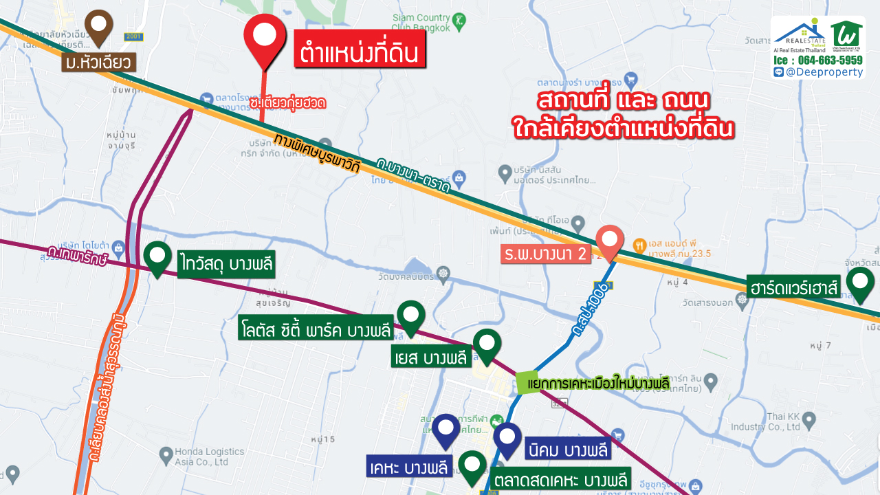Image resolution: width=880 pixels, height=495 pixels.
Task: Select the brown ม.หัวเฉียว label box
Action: click(x=98, y=63)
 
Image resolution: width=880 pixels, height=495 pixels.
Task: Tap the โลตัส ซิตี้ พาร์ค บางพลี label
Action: click(x=316, y=328)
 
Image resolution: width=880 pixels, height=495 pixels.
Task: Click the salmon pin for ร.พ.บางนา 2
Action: click(x=609, y=241)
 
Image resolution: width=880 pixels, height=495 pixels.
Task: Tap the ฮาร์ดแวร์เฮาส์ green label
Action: click(x=793, y=286)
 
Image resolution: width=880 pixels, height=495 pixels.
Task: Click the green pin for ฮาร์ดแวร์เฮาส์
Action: click(x=859, y=283)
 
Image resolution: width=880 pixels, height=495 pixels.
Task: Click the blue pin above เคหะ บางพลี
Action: click(x=446, y=430)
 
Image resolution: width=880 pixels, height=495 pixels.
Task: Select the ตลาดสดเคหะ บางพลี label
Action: click(x=560, y=479)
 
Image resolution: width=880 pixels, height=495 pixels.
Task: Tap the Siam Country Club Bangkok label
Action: click(x=430, y=23)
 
